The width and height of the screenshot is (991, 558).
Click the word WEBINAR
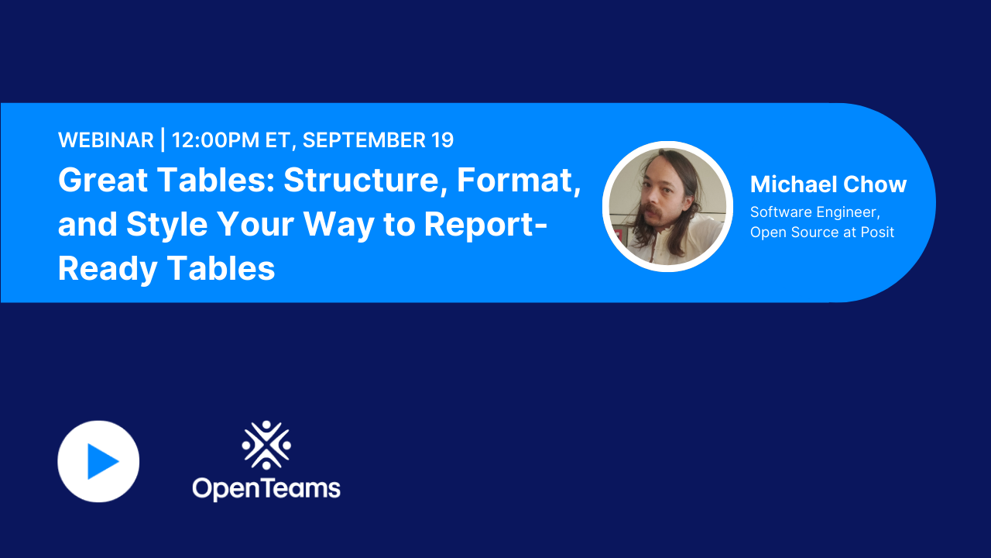(x=106, y=140)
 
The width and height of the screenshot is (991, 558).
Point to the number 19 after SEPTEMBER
(x=442, y=140)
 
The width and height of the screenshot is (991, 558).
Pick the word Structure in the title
(x=362, y=181)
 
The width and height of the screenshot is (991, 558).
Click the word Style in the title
(x=167, y=225)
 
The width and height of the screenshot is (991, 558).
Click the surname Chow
(x=879, y=184)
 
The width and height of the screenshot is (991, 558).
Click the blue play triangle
(x=101, y=462)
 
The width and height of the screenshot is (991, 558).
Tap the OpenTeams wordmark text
(x=266, y=487)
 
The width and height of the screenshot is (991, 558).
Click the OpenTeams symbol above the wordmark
(x=266, y=445)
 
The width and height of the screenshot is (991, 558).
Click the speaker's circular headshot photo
(x=667, y=206)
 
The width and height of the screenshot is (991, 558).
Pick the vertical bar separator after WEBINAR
(x=163, y=140)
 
